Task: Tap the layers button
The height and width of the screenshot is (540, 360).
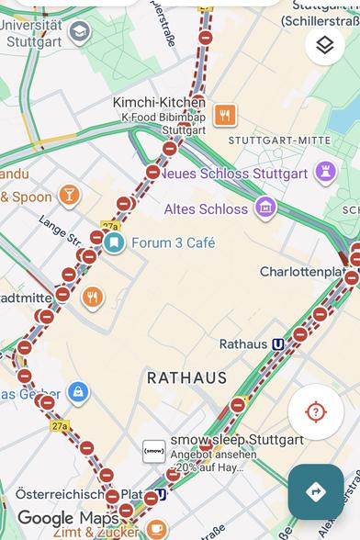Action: tap(324, 44)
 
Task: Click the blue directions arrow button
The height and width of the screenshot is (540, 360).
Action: tap(315, 492)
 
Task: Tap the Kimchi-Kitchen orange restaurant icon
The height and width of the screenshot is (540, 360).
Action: tap(224, 115)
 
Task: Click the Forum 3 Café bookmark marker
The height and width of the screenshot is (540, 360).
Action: tap(114, 242)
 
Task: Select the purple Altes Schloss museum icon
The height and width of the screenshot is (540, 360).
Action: tap(265, 208)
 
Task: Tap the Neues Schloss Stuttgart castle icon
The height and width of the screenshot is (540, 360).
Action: tap(324, 173)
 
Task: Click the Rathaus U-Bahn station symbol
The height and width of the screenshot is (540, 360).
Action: tap(277, 343)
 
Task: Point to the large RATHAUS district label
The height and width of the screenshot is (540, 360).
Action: tap(186, 377)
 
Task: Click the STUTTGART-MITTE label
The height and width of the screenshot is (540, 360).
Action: tap(278, 141)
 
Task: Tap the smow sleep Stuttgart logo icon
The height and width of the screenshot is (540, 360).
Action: tap(154, 451)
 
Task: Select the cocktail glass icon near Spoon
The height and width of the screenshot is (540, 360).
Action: tap(69, 195)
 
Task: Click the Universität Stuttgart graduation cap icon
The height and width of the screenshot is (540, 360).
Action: tap(80, 33)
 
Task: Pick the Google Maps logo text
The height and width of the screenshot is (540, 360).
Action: tap(68, 519)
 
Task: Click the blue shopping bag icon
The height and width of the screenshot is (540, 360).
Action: tap(78, 392)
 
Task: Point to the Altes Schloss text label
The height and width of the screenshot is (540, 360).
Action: tap(206, 208)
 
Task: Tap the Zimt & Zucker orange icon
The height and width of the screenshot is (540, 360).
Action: tap(156, 530)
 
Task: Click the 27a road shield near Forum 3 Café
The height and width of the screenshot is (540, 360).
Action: tap(110, 225)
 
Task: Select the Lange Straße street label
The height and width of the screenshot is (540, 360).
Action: tap(59, 232)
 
